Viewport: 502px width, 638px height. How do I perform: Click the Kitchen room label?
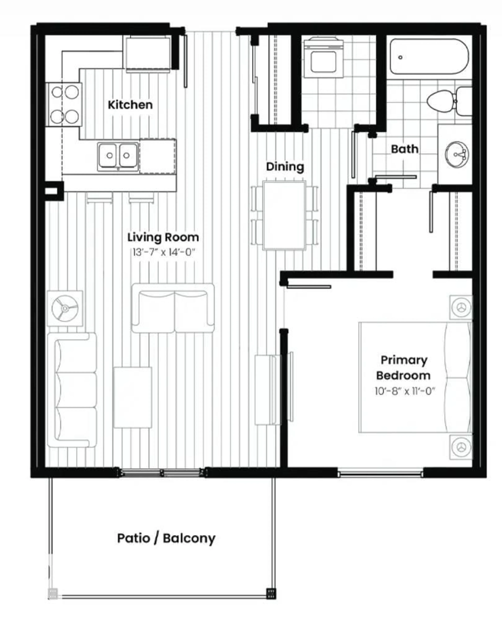coord(130,105)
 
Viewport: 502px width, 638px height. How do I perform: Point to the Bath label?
coord(404,149)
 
